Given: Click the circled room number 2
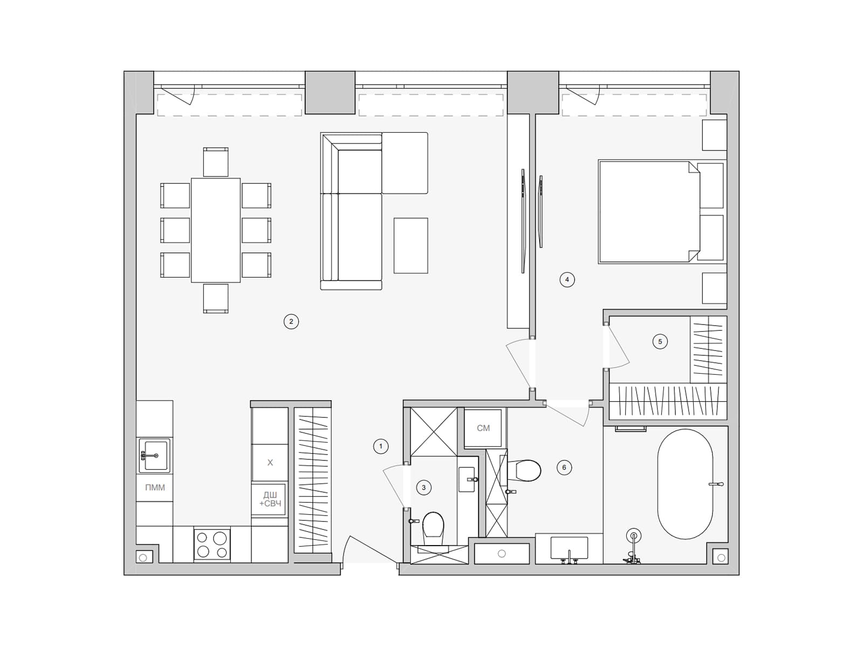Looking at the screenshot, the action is point(291,322).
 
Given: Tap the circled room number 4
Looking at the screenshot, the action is point(567,280).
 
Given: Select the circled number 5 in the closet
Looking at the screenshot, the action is point(660,342).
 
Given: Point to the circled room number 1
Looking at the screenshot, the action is point(381,446).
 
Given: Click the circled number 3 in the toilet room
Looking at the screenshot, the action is point(424,488).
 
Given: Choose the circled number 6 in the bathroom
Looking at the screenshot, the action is point(564,467).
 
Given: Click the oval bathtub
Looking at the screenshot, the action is point(686,484).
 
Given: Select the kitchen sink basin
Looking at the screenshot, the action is point(155,455).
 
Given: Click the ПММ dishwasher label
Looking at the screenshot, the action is point(155,487).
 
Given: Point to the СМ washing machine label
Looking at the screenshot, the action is point(483,428).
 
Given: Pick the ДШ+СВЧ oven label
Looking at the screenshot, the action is point(270,499).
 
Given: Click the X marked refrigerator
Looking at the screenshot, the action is point(270,463).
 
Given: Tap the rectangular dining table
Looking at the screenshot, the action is point(216,230).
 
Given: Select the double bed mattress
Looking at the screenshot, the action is point(649,211).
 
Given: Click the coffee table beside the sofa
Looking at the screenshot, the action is point(411,245).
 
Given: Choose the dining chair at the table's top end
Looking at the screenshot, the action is point(216,162).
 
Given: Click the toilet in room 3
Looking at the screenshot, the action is point(433,529).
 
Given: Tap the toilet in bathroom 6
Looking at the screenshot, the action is point(524,471).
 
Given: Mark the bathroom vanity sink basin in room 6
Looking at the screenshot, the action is point(569,548).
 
